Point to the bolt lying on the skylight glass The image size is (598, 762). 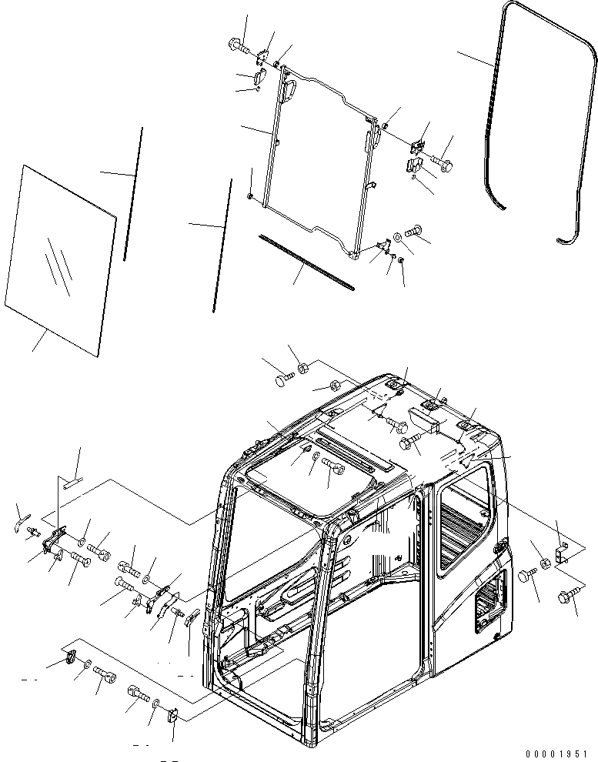[x=332, y=464]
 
